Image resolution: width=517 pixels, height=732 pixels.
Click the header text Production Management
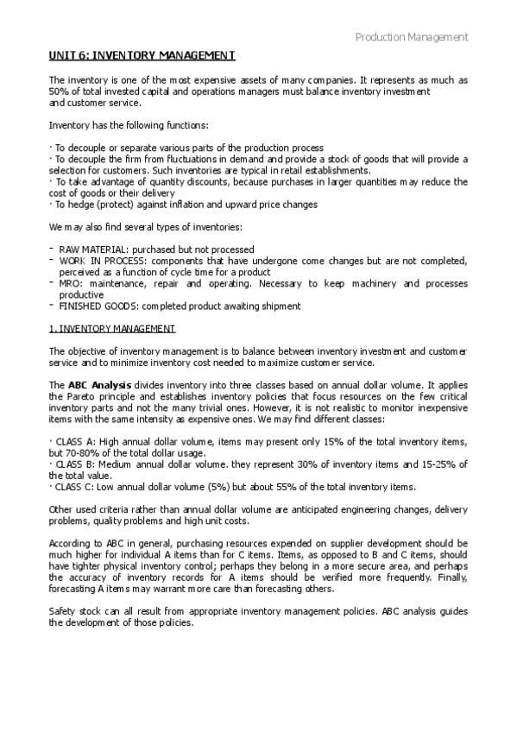[412, 37]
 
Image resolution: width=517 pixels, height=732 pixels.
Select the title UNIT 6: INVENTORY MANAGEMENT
[142, 56]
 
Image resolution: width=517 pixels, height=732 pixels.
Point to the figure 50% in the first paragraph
[59, 91]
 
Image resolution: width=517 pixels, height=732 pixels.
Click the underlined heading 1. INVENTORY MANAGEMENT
[112, 329]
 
